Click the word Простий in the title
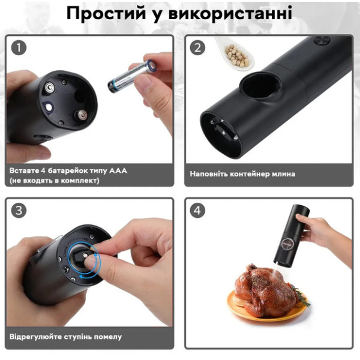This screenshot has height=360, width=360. pos(106,13)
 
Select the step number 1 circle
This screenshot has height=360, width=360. pos(19,47)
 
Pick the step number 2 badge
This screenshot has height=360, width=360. pos(197,47)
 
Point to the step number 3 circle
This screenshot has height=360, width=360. pos(19,211)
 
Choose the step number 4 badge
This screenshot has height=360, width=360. pos(197,211)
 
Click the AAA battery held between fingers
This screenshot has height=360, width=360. pos(132,76)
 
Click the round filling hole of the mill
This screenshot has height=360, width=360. pos(260,85)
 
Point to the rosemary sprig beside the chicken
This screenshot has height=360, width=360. pos(301,296)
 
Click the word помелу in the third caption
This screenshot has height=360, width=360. pos(108,337)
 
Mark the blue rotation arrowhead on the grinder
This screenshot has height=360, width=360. pos(82,277)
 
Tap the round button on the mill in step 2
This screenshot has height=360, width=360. pos(322,40)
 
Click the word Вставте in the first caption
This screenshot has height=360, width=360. pos(25,171)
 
